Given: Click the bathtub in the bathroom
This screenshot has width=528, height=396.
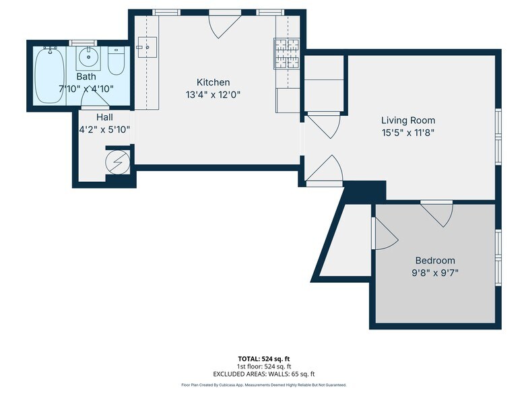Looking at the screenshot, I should coord(49,75).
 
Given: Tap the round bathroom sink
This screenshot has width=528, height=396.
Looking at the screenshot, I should coord(88,58).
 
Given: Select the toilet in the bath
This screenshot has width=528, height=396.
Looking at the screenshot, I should coord(116,61).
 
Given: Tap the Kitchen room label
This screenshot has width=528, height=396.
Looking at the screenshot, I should coord(213,82).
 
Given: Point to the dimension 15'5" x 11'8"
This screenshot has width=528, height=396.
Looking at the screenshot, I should coord(405,132).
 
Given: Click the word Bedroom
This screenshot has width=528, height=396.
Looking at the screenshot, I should coord(434,261).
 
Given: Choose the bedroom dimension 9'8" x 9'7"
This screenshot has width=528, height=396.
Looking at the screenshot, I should coord(434,273).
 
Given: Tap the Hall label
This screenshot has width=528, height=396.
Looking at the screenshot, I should coord(104,117).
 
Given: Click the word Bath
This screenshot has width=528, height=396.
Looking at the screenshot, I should coord(86,77).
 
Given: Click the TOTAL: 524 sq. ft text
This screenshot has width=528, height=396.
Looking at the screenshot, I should coord(264,359).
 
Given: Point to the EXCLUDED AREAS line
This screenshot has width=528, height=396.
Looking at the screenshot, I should coord(264,374).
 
